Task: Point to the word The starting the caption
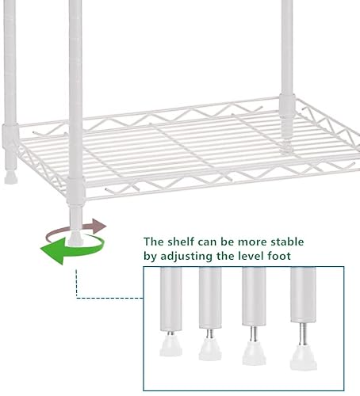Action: pyautogui.click(x=155, y=241)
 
